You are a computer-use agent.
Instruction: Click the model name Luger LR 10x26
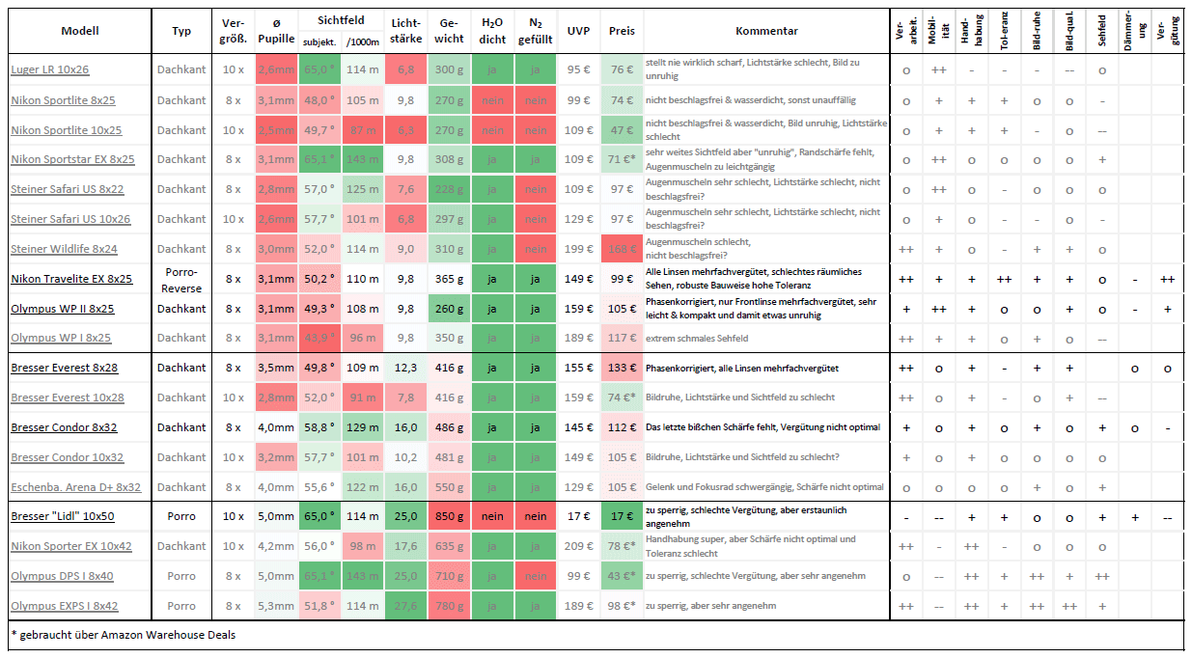[50, 69]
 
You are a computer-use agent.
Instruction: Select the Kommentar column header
[766, 31]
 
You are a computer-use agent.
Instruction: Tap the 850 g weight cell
[448, 516]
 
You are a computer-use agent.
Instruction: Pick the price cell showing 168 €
[622, 249]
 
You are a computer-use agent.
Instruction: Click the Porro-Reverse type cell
[181, 278]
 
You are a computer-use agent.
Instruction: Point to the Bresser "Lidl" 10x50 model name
[63, 516]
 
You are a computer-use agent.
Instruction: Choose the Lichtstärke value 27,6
[406, 606]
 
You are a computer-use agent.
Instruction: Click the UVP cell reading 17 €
[579, 516]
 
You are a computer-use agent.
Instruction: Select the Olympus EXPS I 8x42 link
[64, 606]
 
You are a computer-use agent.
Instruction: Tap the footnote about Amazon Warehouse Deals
[123, 635]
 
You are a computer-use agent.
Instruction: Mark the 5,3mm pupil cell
[276, 606]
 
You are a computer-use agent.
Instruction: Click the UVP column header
[579, 31]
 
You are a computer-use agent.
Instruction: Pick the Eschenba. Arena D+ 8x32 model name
[75, 487]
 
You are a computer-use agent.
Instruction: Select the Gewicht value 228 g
[448, 189]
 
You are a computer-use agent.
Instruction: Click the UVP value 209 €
[579, 546]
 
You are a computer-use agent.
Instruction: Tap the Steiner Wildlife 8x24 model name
[64, 249]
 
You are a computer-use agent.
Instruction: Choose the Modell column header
[80, 31]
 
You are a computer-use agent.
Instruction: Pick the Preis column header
[622, 31]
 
